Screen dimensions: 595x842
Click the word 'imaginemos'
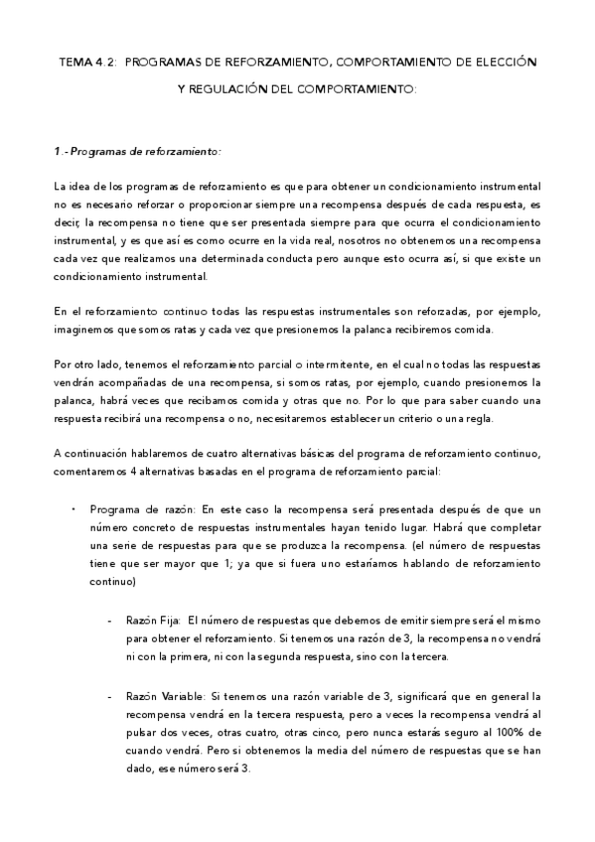(x=83, y=330)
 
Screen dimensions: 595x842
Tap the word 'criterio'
(x=450, y=418)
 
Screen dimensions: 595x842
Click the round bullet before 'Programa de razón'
(x=73, y=508)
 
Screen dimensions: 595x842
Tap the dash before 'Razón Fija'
(x=108, y=620)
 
